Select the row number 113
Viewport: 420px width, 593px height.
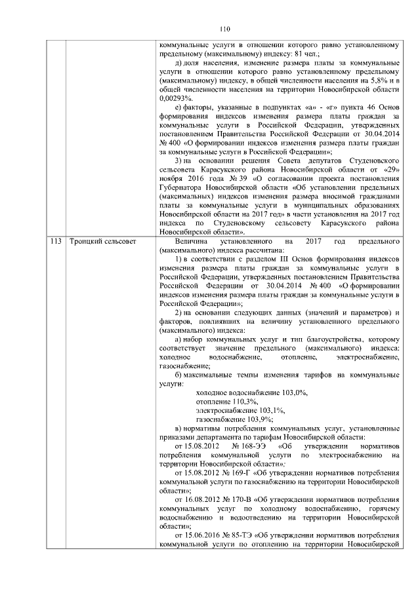(56, 242)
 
